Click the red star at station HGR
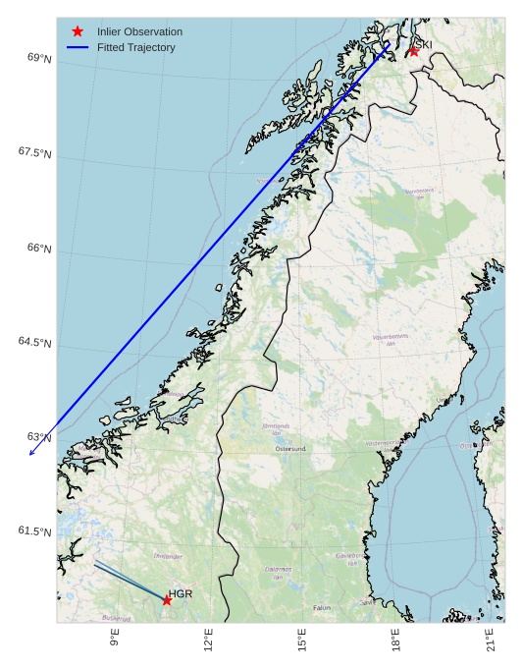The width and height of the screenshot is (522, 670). point(167,600)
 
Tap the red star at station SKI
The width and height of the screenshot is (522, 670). point(414,50)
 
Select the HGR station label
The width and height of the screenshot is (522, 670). point(181,594)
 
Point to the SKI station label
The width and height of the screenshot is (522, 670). point(423,44)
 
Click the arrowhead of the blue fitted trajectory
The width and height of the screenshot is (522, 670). point(31,454)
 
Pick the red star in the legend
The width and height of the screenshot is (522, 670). point(78,31)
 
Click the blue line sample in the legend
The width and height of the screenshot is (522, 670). point(78,47)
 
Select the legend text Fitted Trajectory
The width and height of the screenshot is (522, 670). point(136,47)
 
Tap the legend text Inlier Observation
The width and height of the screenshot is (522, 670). point(139,31)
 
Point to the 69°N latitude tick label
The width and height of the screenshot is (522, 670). point(39,59)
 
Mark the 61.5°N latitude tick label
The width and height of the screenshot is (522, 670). point(35,531)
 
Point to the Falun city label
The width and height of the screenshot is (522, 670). point(322,608)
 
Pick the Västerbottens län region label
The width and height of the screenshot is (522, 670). point(391,340)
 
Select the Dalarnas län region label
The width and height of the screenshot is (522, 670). point(279,572)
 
